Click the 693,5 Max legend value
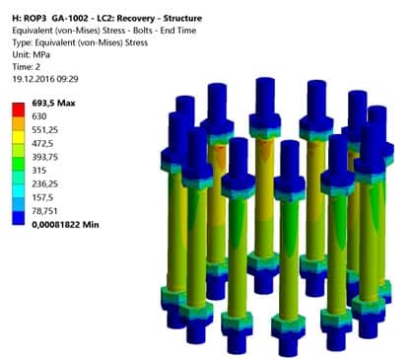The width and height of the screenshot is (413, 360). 53,104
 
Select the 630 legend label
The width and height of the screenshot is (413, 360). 39,116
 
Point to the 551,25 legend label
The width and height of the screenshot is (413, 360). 44,130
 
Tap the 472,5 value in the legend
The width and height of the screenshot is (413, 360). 42,144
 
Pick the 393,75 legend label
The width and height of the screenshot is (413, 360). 44,157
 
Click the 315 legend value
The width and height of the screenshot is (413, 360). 38,171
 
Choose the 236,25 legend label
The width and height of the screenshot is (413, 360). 44,183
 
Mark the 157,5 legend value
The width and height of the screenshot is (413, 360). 42,197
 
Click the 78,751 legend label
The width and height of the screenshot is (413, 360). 44,211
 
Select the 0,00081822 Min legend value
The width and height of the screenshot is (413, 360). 65,225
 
